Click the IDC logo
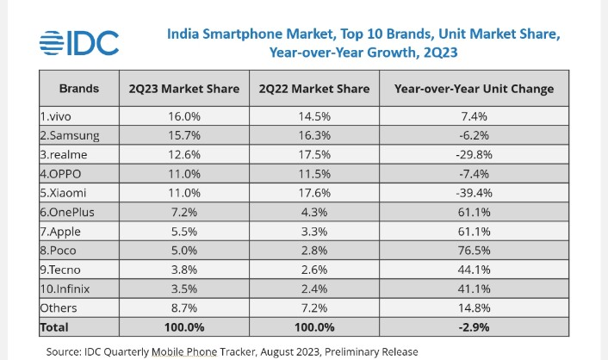[x=79, y=42]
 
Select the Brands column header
[x=78, y=89]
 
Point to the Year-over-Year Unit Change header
[x=473, y=89]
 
